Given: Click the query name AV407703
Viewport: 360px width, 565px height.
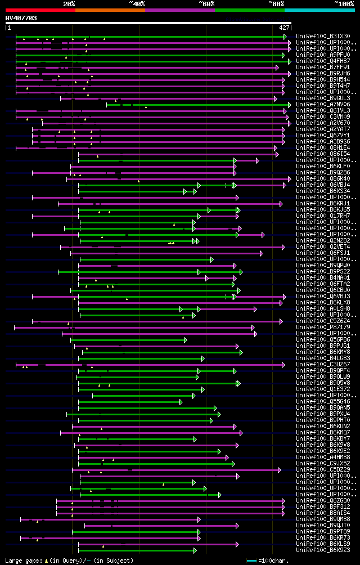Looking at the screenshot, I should pyautogui.click(x=21, y=18).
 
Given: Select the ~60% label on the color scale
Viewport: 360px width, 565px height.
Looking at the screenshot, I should pyautogui.click(x=206, y=3).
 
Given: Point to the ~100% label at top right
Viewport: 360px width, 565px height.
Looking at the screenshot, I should pyautogui.click(x=343, y=3).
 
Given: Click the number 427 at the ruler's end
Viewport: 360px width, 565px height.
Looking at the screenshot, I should pyautogui.click(x=284, y=27).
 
